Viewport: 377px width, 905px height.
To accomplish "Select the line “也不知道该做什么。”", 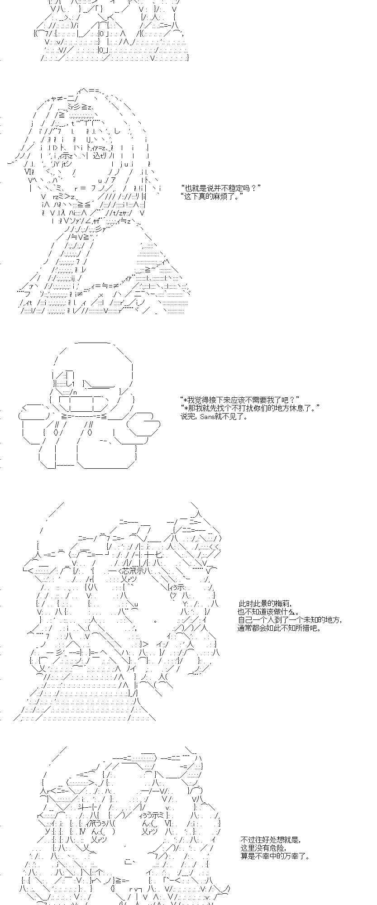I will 268,612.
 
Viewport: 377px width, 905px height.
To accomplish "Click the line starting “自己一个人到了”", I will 290,620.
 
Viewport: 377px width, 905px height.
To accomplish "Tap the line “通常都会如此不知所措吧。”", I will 279,628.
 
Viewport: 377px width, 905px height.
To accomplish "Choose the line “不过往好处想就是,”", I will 270,840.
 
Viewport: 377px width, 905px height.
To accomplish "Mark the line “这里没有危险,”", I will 263,848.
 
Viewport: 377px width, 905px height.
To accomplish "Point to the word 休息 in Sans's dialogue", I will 303,408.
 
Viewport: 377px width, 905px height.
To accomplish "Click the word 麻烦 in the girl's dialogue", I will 224,196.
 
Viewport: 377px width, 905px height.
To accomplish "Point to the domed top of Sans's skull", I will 93,351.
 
